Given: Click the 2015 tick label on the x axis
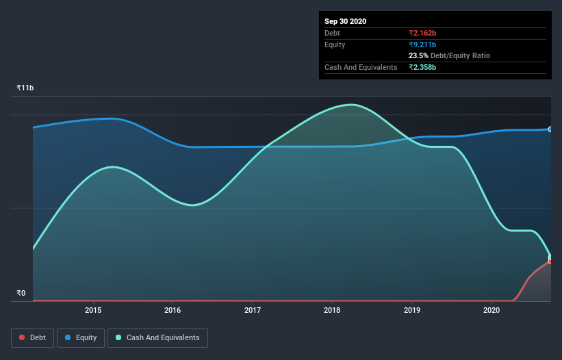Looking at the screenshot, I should [93, 310].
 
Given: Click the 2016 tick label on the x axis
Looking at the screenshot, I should [173, 310].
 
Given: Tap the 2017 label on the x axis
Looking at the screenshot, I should [253, 310].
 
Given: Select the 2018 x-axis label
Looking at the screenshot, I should [332, 310].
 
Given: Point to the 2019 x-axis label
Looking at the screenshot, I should [412, 310].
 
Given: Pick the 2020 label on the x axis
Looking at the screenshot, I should [491, 310].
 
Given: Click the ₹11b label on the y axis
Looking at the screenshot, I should [25, 88].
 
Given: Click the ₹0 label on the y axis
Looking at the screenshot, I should [21, 294].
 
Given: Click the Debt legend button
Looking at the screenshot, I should [32, 337].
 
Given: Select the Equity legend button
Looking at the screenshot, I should [81, 337].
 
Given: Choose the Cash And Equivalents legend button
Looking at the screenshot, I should [157, 337].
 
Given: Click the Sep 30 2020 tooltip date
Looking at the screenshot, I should [345, 21].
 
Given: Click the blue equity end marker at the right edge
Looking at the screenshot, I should [550, 129].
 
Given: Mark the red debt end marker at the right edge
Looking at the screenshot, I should [550, 261].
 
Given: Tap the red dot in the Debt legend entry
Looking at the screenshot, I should [23, 337].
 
